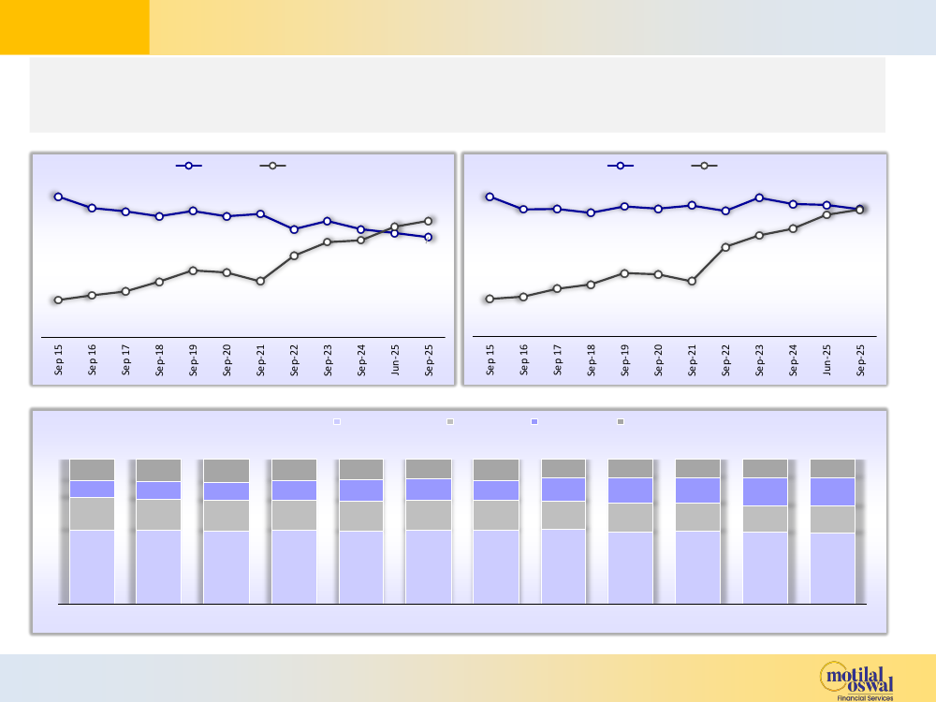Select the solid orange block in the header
[75, 27]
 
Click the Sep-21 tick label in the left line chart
[261, 360]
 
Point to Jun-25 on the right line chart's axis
[827, 360]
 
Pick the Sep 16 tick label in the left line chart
[93, 360]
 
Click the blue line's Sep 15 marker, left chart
[58, 197]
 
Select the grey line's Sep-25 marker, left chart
[428, 221]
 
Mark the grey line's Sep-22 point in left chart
[294, 256]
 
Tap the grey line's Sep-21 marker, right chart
[692, 281]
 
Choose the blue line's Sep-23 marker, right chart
[759, 197]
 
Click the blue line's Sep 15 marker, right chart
[490, 197]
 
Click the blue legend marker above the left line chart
[189, 166]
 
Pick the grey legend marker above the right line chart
[704, 166]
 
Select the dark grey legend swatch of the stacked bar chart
[621, 422]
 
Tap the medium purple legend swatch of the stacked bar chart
[534, 422]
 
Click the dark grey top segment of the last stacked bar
[832, 468]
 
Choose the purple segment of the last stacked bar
[832, 491]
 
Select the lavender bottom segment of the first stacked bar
[92, 566]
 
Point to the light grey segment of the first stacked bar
[92, 514]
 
